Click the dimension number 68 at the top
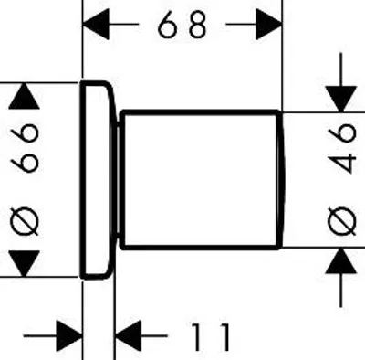click(x=182, y=25)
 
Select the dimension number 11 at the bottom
click(x=211, y=336)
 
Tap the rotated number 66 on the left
click(x=25, y=147)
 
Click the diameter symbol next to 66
click(x=25, y=221)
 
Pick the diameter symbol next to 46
click(x=342, y=221)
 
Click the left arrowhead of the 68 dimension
click(x=96, y=24)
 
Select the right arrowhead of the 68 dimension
click(x=269, y=24)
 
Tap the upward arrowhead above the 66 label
click(x=24, y=96)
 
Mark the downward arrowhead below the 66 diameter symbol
click(x=24, y=264)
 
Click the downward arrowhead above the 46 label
click(x=341, y=100)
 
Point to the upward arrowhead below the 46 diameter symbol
click(x=341, y=260)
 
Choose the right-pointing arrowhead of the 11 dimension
click(x=69, y=336)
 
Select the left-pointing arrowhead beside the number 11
click(x=129, y=336)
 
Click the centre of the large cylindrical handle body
click(x=201, y=180)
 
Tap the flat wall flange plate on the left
click(x=97, y=180)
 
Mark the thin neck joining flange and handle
click(x=117, y=180)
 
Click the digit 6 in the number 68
click(x=169, y=25)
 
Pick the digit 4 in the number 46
click(x=342, y=163)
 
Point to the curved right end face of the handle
click(x=282, y=180)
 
